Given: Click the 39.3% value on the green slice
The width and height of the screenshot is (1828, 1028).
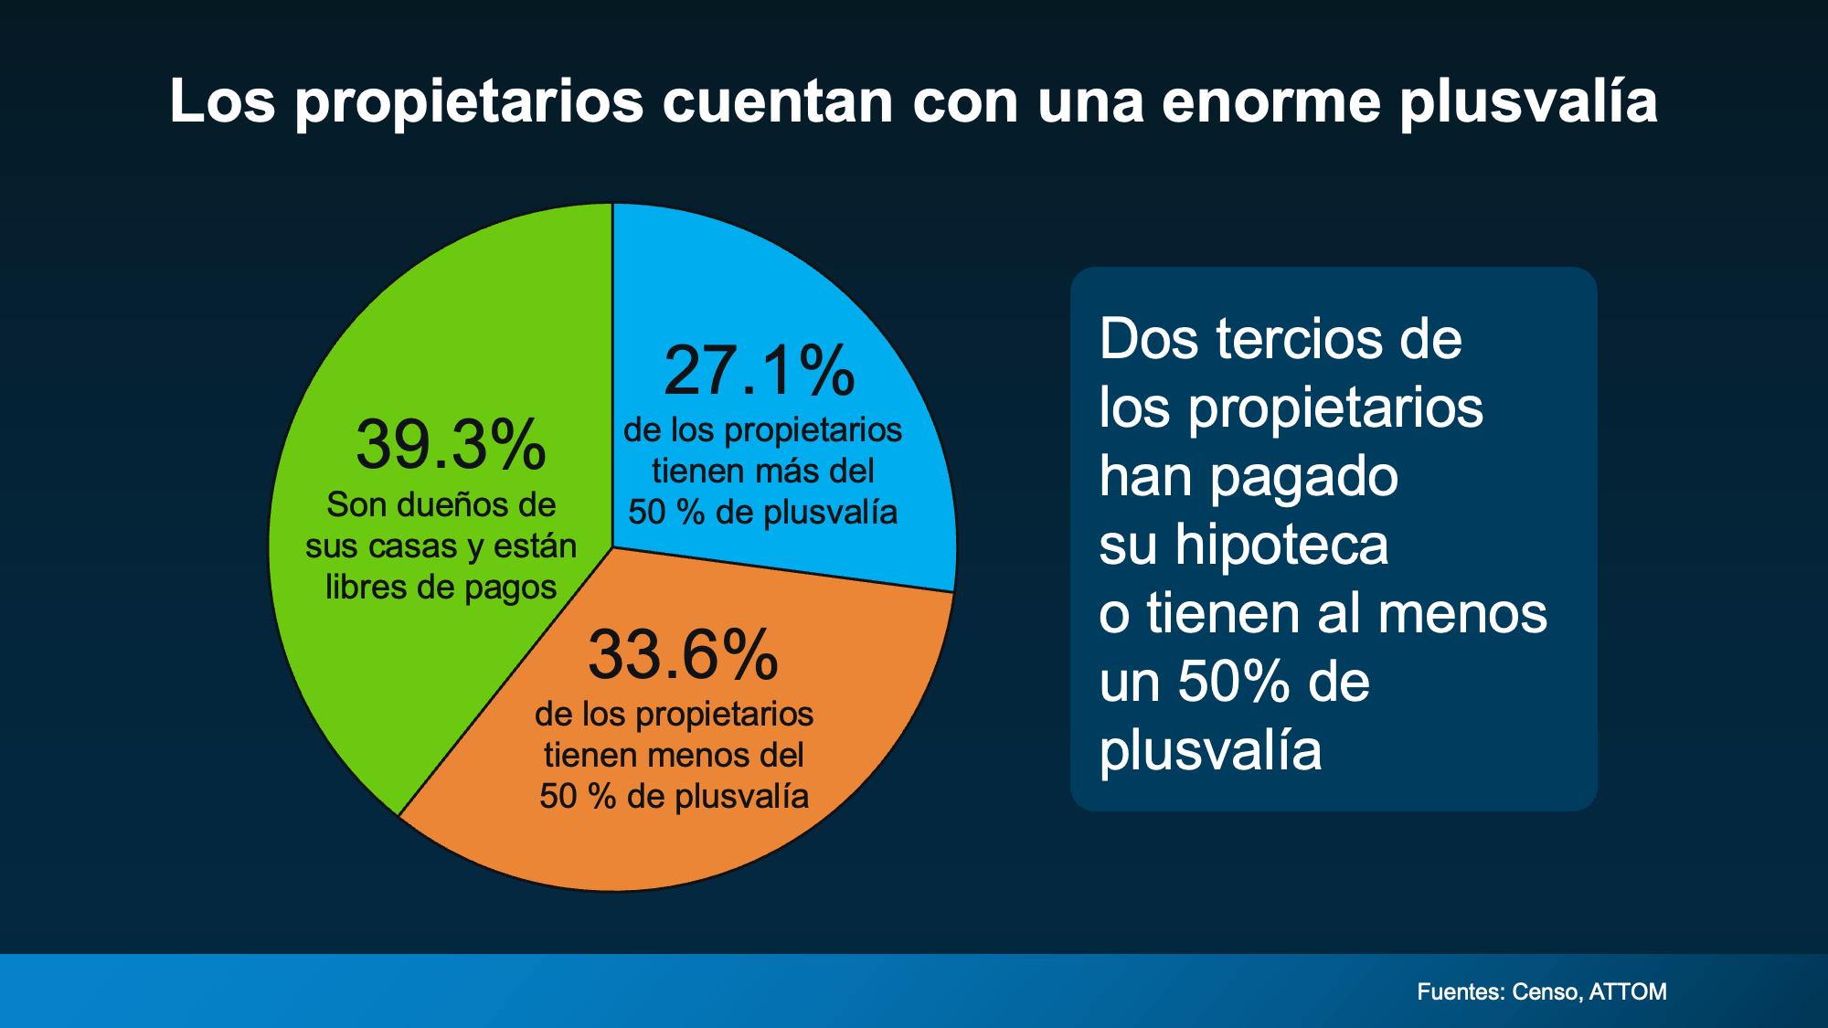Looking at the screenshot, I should click(451, 446).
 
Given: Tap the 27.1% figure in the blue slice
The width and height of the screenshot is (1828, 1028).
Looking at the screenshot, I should click(760, 372).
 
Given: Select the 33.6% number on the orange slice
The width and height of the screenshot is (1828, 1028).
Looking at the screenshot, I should click(683, 655).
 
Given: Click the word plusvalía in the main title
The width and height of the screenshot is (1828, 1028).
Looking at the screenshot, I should click(1528, 102).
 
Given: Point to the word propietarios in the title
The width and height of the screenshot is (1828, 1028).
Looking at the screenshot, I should click(470, 102).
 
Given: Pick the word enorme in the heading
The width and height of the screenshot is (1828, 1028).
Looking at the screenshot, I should click(1271, 102).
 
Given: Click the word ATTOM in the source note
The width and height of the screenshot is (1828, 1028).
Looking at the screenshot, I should click(1628, 991).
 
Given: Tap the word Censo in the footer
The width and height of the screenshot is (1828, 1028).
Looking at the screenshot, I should click(1546, 991).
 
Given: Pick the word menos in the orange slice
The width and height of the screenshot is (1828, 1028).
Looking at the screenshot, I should click(698, 756).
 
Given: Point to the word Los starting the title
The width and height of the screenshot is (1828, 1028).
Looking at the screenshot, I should click(222, 101).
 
